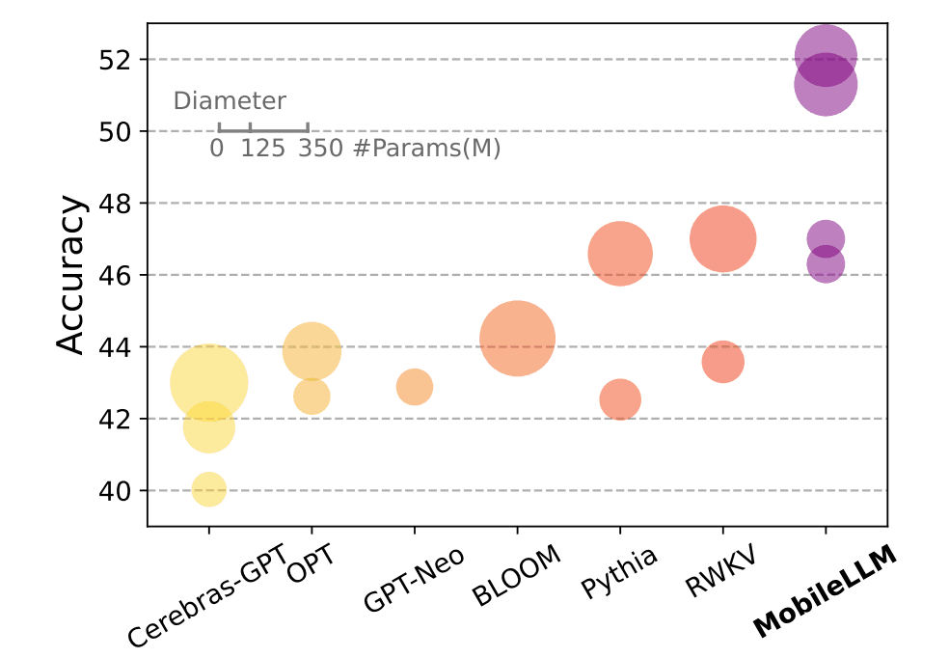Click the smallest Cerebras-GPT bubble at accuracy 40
(x=209, y=489)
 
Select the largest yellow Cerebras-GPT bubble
(x=209, y=383)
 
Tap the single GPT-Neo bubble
(x=415, y=387)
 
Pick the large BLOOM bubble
(x=518, y=339)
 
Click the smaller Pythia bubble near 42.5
(x=620, y=399)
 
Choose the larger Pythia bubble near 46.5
(x=620, y=254)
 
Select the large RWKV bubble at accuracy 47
(x=723, y=239)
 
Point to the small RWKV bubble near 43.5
(x=723, y=362)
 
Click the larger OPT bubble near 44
(x=312, y=351)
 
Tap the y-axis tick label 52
(x=115, y=60)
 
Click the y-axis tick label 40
(x=115, y=491)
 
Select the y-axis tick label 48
(x=115, y=204)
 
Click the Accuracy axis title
(x=69, y=274)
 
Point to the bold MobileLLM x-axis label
(x=825, y=590)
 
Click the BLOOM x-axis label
(x=516, y=575)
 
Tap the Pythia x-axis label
(x=618, y=572)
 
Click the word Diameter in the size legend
(x=230, y=101)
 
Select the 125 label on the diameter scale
(x=263, y=149)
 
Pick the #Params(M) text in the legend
(x=427, y=149)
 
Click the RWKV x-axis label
(x=720, y=571)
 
